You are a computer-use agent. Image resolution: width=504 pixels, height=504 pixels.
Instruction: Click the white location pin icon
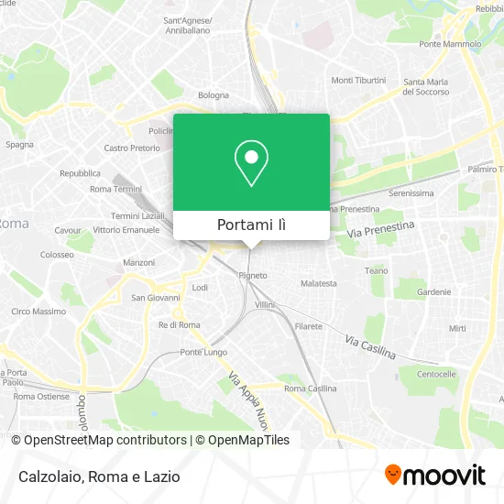251,162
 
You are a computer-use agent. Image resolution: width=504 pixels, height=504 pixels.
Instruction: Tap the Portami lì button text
251,225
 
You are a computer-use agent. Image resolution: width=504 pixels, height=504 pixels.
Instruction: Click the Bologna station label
214,94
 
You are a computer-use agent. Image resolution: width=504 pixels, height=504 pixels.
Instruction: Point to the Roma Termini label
114,189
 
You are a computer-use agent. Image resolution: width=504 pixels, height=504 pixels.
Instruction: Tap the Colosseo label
57,254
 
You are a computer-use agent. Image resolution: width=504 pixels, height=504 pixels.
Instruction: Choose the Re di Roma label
180,324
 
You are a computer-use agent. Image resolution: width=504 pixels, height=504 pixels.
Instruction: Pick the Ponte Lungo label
203,352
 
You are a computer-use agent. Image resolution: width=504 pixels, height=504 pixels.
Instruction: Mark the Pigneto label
253,275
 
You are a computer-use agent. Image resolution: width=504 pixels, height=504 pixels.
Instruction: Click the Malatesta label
319,284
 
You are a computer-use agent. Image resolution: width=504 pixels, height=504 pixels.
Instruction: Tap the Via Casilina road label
370,346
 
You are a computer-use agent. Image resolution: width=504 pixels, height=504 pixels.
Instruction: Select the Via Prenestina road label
381,230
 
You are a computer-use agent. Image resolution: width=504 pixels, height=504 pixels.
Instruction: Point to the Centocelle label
437,374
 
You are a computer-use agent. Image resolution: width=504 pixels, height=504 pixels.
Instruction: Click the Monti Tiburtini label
358,80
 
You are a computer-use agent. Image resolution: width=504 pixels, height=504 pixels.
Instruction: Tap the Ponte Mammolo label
450,44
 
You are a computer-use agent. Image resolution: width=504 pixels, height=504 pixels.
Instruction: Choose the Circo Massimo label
38,312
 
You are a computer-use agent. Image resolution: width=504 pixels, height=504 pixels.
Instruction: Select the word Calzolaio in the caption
50,477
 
